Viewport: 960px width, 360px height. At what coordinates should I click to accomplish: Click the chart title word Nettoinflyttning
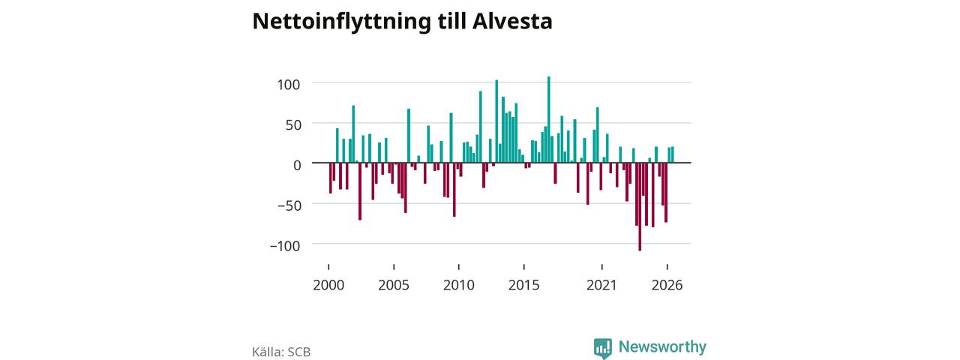click(341, 22)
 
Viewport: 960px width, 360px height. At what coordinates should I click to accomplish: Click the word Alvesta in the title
click(512, 22)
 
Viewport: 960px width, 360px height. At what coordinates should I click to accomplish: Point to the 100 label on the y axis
click(289, 85)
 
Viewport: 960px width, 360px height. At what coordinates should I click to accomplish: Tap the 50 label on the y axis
click(293, 124)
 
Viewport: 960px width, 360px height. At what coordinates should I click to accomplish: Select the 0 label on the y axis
click(297, 165)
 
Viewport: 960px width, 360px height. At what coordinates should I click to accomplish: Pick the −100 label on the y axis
click(284, 245)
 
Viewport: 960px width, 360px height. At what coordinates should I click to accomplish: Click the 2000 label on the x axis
click(328, 285)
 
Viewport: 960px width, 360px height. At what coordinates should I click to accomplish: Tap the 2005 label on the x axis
click(394, 285)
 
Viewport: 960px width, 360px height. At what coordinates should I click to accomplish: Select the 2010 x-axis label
click(458, 285)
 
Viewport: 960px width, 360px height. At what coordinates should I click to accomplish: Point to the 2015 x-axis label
click(523, 285)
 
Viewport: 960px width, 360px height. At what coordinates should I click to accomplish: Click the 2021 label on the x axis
click(601, 285)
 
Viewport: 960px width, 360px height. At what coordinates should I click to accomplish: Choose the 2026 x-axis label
click(667, 285)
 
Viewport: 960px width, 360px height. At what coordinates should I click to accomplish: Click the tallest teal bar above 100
click(548, 119)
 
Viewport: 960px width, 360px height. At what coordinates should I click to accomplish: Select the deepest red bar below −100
click(640, 206)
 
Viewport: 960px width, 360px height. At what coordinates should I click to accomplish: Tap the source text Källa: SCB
click(281, 352)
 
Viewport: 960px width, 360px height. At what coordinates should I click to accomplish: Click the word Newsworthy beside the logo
click(662, 346)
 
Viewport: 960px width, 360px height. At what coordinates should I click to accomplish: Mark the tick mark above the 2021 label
click(601, 267)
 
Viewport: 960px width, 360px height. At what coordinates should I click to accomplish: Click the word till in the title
click(451, 22)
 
